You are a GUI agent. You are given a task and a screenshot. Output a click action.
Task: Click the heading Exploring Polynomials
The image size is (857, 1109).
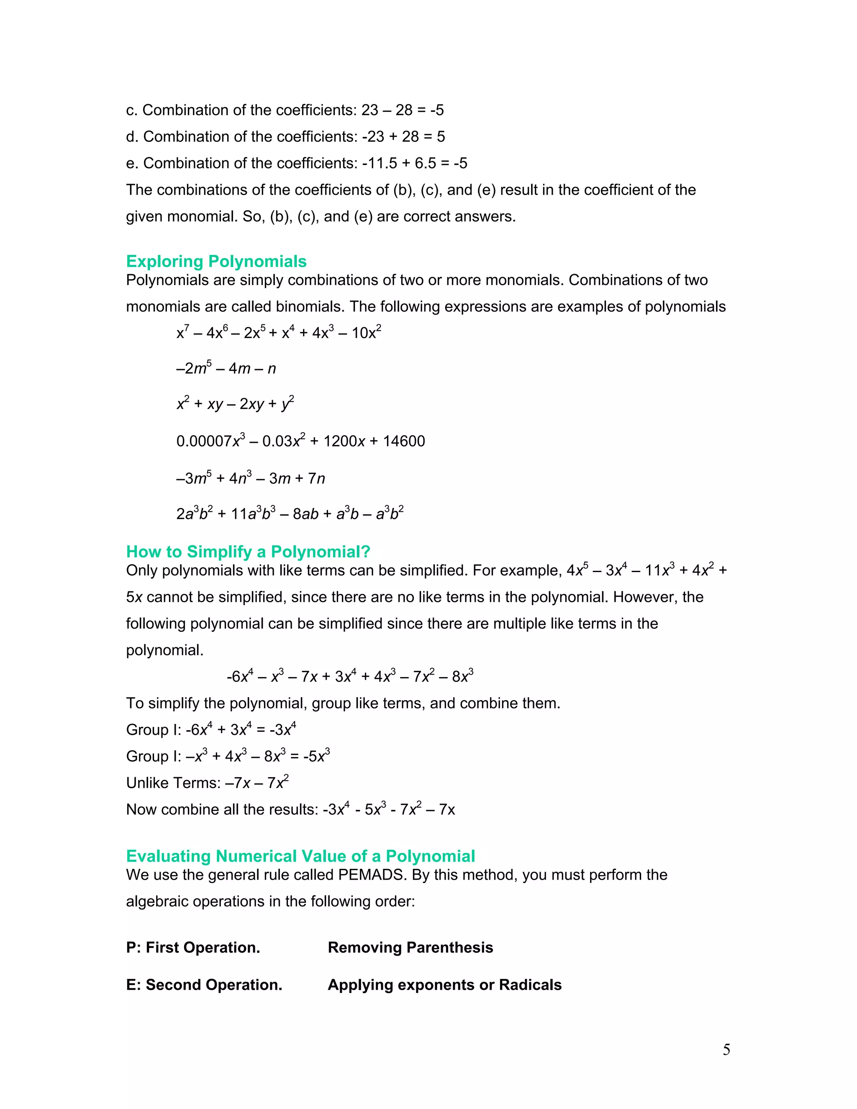pyautogui.click(x=216, y=262)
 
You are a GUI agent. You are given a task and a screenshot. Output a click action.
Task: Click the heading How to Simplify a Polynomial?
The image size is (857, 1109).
pyautogui.click(x=248, y=552)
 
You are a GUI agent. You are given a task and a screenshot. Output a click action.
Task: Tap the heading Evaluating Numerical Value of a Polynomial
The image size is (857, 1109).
pyautogui.click(x=300, y=856)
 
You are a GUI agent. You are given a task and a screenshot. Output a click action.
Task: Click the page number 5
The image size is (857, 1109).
pyautogui.click(x=726, y=1050)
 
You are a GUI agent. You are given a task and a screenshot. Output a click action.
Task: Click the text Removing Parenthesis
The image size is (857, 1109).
pyautogui.click(x=410, y=947)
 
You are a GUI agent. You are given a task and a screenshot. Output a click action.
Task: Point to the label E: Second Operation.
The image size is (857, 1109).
pyautogui.click(x=204, y=985)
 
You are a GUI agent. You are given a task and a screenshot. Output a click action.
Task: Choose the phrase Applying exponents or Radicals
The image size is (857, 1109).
pyautogui.click(x=444, y=985)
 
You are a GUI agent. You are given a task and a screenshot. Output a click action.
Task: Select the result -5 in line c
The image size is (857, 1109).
pyautogui.click(x=436, y=110)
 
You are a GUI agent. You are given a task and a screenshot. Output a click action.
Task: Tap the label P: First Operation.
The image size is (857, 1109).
pyautogui.click(x=193, y=947)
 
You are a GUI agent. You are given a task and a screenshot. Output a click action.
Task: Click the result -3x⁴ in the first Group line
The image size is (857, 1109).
pyautogui.click(x=283, y=730)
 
